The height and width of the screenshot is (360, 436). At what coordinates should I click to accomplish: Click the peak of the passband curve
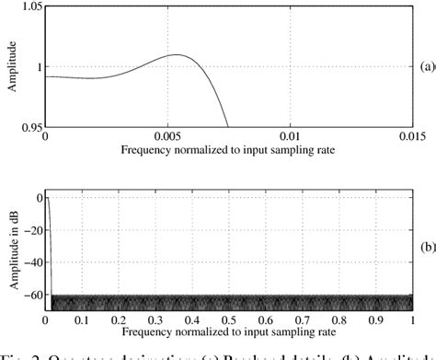coord(178,55)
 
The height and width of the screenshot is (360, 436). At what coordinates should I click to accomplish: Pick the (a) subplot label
coord(424,65)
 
